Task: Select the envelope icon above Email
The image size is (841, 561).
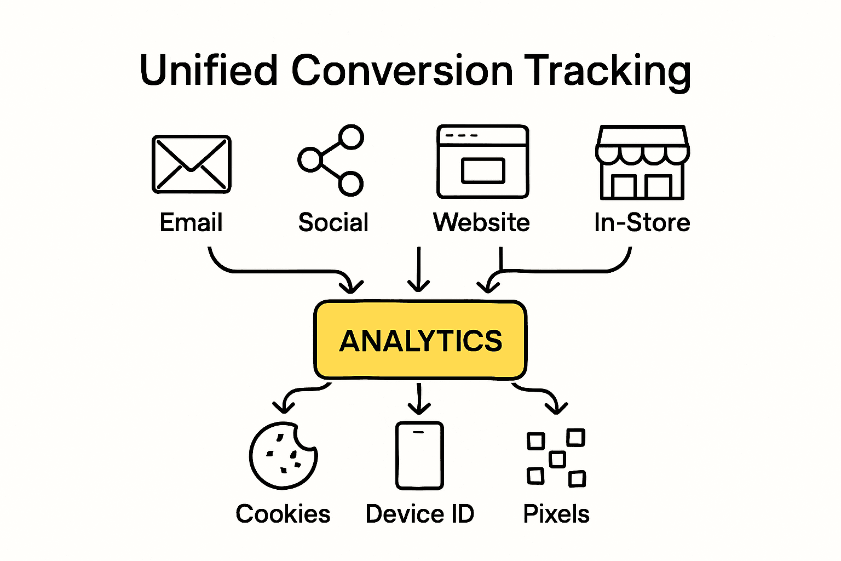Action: click(x=191, y=164)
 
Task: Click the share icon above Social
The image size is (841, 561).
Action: click(x=331, y=160)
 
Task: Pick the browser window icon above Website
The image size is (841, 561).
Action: click(x=482, y=161)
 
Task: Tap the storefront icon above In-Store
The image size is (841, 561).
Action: click(x=642, y=162)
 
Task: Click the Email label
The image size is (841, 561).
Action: click(x=191, y=222)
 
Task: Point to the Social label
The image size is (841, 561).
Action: click(x=333, y=222)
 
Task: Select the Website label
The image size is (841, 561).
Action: click(x=481, y=222)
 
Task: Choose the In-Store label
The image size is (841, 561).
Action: click(x=642, y=222)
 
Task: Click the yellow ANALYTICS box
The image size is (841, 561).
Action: click(x=420, y=340)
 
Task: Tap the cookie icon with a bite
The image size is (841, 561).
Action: click(x=282, y=455)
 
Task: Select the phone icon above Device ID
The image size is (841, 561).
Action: click(x=419, y=455)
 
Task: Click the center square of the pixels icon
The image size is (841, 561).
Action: click(x=557, y=459)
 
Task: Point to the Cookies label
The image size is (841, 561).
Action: click(x=283, y=514)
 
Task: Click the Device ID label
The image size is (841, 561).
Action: click(x=419, y=514)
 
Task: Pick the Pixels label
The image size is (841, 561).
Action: click(x=556, y=514)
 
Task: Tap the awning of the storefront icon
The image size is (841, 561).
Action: click(x=642, y=146)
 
